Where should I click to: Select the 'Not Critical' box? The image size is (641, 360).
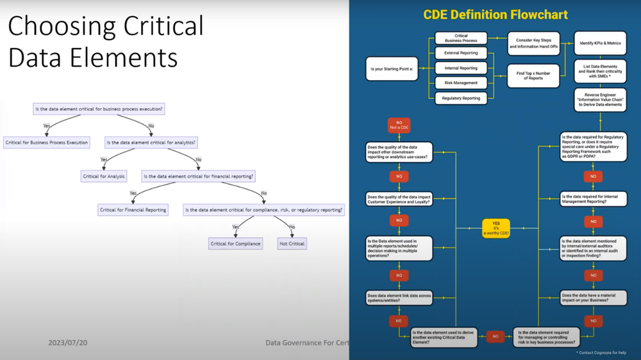292,243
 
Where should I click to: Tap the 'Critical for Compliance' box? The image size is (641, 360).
235,243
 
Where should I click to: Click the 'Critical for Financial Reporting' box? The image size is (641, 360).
133,209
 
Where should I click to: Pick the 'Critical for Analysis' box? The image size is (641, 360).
103,176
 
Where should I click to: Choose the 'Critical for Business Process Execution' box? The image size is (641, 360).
46,142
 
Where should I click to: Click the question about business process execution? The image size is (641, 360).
99,109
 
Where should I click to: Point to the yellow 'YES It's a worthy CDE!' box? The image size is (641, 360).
495,227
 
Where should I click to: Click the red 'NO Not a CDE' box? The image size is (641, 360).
399,125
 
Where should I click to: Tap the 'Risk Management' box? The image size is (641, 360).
460,83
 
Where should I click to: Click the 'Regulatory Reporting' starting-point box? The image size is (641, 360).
460,98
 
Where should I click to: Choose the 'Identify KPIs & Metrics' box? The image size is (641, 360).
601,42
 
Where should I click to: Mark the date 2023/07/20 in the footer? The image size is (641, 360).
67,343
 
